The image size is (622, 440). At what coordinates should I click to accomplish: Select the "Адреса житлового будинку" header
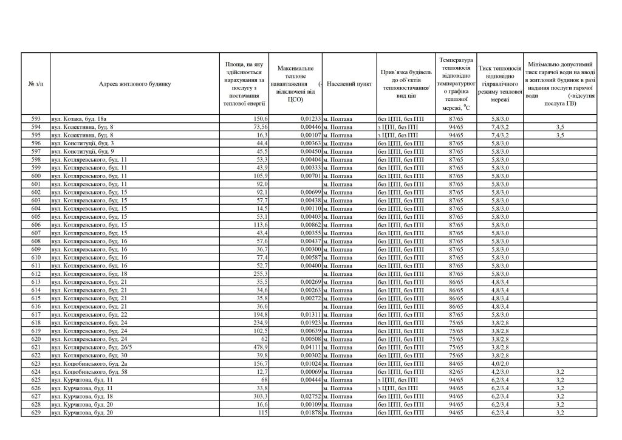pos(135,84)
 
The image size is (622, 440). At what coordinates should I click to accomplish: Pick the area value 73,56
pos(260,126)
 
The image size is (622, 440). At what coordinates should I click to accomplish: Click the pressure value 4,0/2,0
pos(501,363)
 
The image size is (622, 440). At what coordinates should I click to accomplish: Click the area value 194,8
pos(259,314)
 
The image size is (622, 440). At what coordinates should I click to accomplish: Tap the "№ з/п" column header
pos(35,84)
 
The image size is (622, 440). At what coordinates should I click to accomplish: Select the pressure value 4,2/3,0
pos(501,371)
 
